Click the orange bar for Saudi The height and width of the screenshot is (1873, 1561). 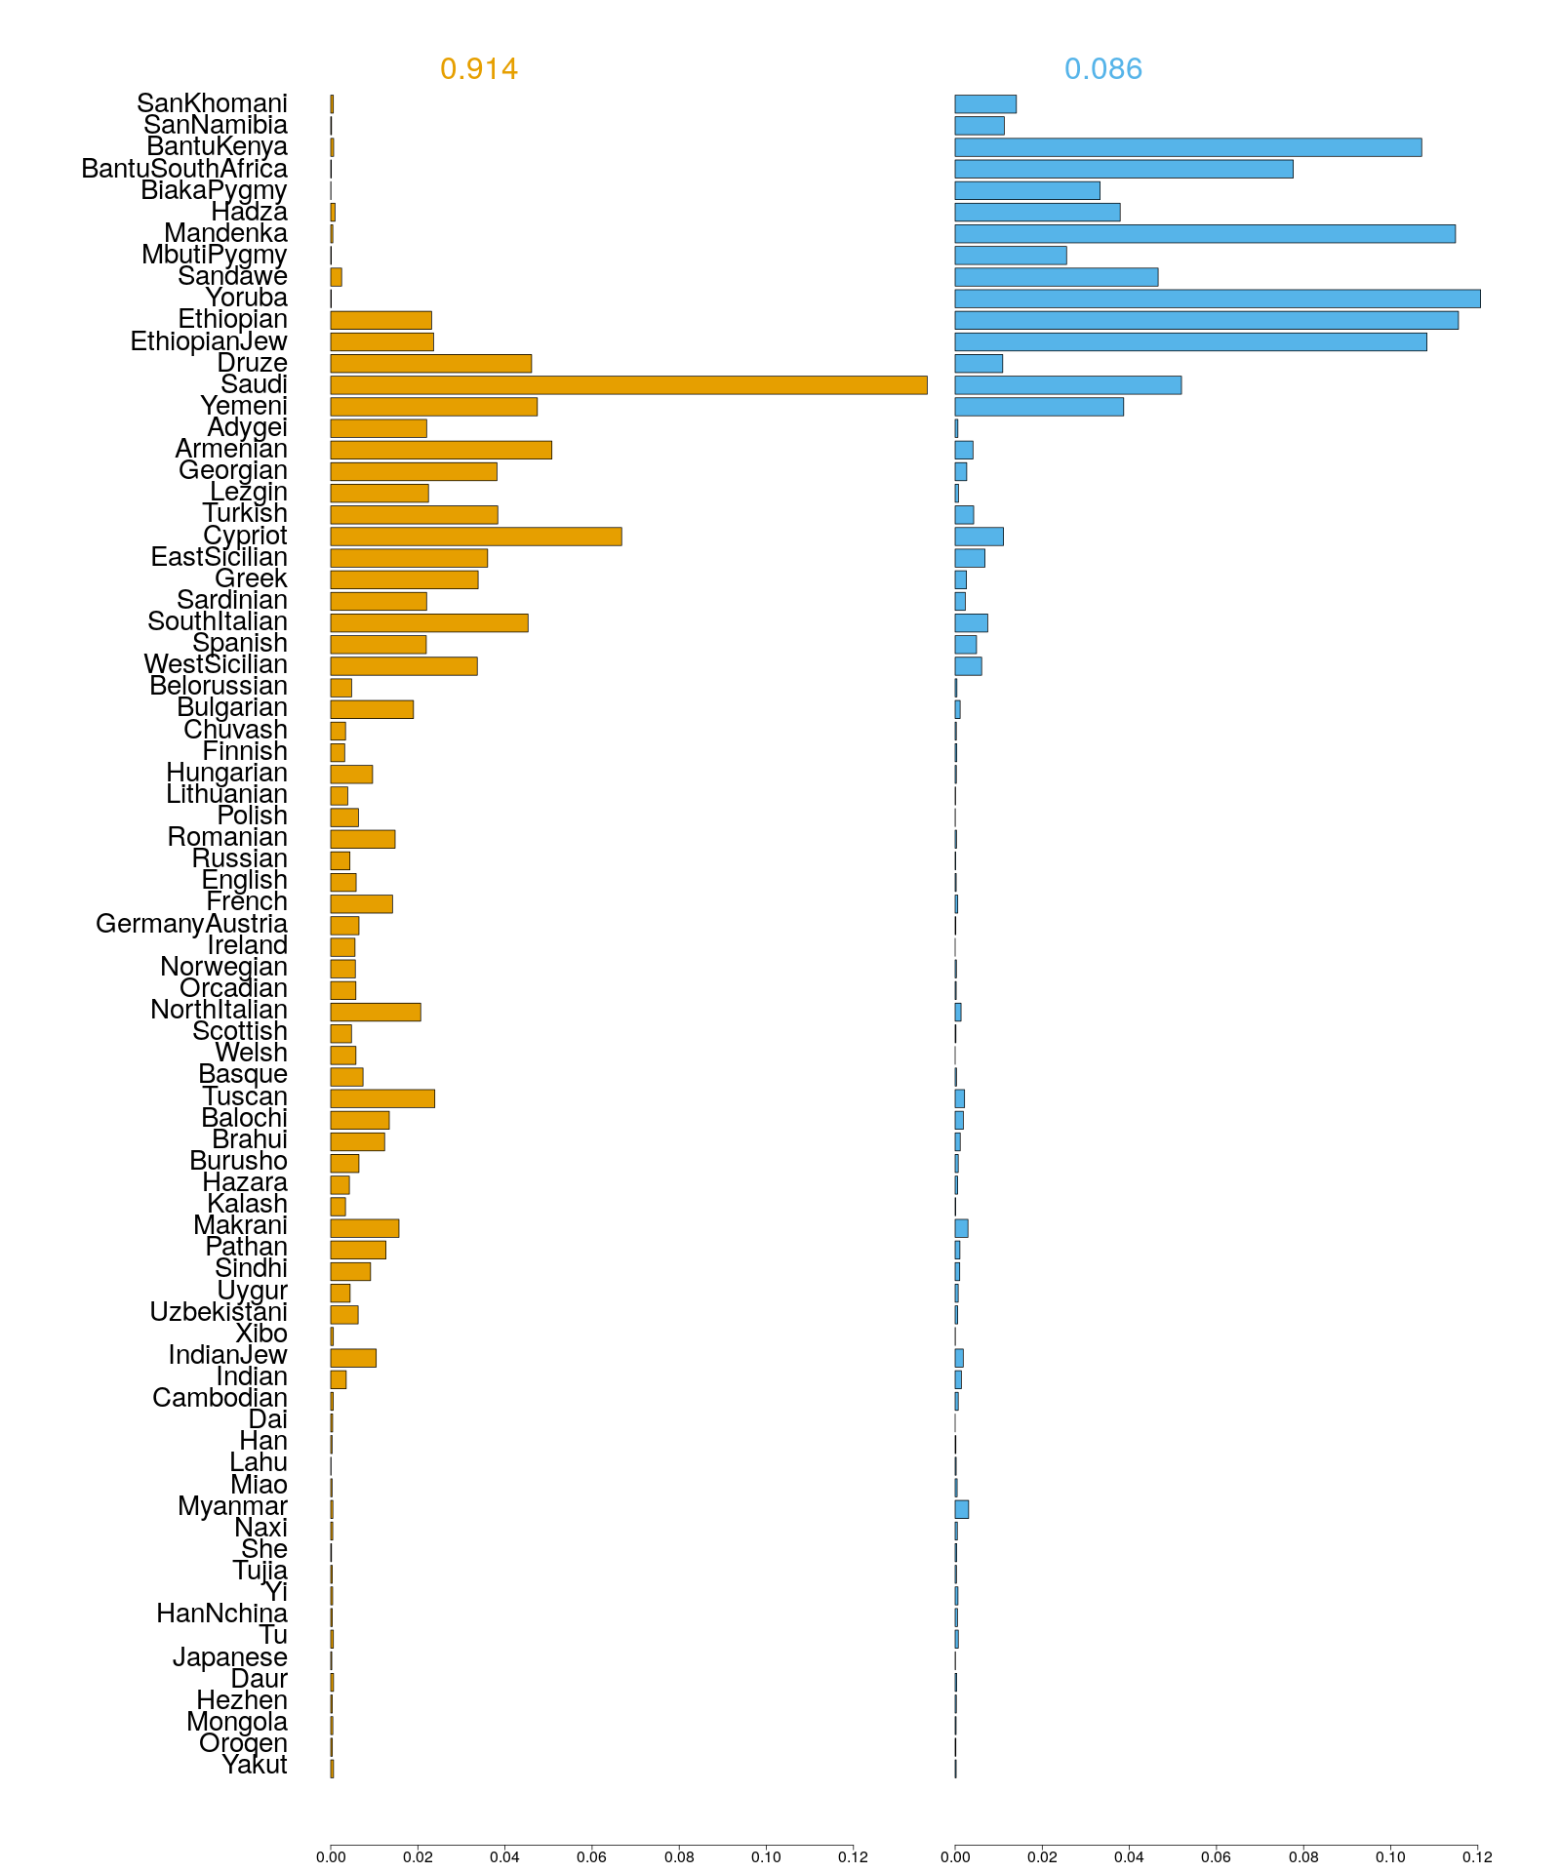(628, 385)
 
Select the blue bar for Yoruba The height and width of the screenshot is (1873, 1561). (1217, 299)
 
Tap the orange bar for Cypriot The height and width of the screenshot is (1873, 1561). (476, 537)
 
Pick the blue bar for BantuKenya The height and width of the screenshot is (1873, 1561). (1187, 147)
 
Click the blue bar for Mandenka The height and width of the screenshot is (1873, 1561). (1204, 234)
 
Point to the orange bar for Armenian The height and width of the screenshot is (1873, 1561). (441, 450)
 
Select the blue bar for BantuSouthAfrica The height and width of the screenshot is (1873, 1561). (1123, 169)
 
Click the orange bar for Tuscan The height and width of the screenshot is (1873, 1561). (382, 1098)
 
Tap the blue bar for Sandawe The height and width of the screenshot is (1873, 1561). (1056, 277)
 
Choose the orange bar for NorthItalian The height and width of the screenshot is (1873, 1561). (376, 1013)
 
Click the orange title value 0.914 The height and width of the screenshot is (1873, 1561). (479, 69)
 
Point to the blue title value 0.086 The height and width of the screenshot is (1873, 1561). (1103, 69)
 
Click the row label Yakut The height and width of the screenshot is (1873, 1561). (255, 1765)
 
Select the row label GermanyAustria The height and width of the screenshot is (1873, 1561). (191, 924)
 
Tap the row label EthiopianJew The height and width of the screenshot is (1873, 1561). (209, 341)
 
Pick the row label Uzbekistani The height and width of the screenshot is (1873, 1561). (219, 1312)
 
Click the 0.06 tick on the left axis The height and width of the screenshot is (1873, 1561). (592, 1856)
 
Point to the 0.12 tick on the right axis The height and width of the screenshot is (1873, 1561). (1477, 1856)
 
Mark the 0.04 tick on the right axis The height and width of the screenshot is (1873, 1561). (1129, 1856)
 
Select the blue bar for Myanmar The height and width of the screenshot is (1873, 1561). (961, 1510)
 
